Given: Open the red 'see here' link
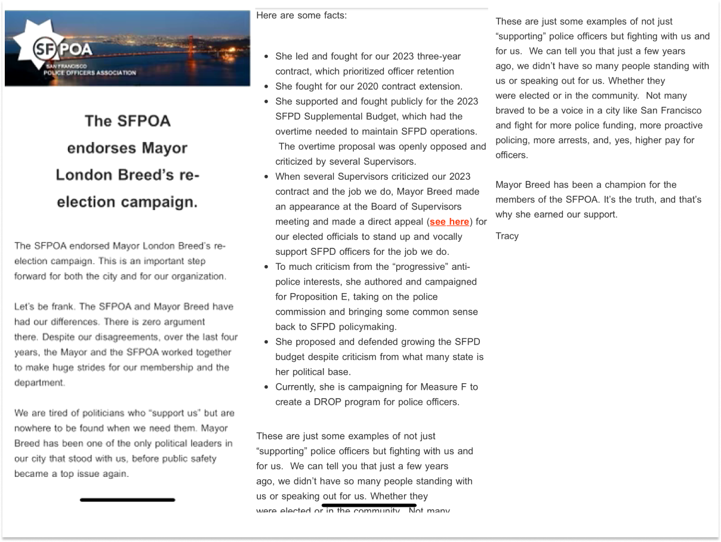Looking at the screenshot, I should coord(449,222).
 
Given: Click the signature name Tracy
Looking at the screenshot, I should coord(507,236).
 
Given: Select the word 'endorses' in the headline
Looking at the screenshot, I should coord(102,148).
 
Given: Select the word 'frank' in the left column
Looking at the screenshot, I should coord(61,307).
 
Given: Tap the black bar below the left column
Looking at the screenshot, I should coord(127,500).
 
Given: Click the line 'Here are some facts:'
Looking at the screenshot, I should coord(301,16).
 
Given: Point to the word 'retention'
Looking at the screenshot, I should coord(432,72).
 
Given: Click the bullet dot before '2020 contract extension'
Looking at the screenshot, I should coord(266,87).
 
